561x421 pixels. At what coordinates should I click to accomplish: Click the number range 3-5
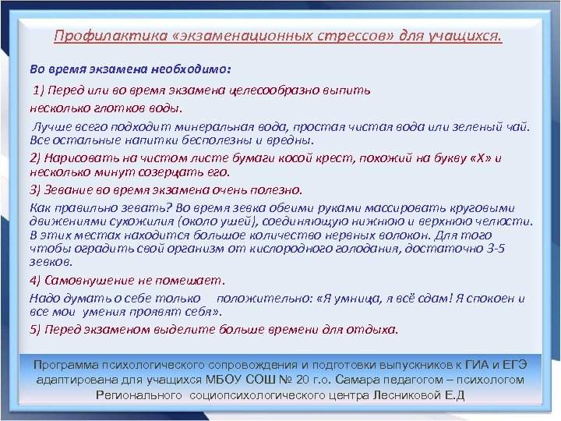492,249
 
